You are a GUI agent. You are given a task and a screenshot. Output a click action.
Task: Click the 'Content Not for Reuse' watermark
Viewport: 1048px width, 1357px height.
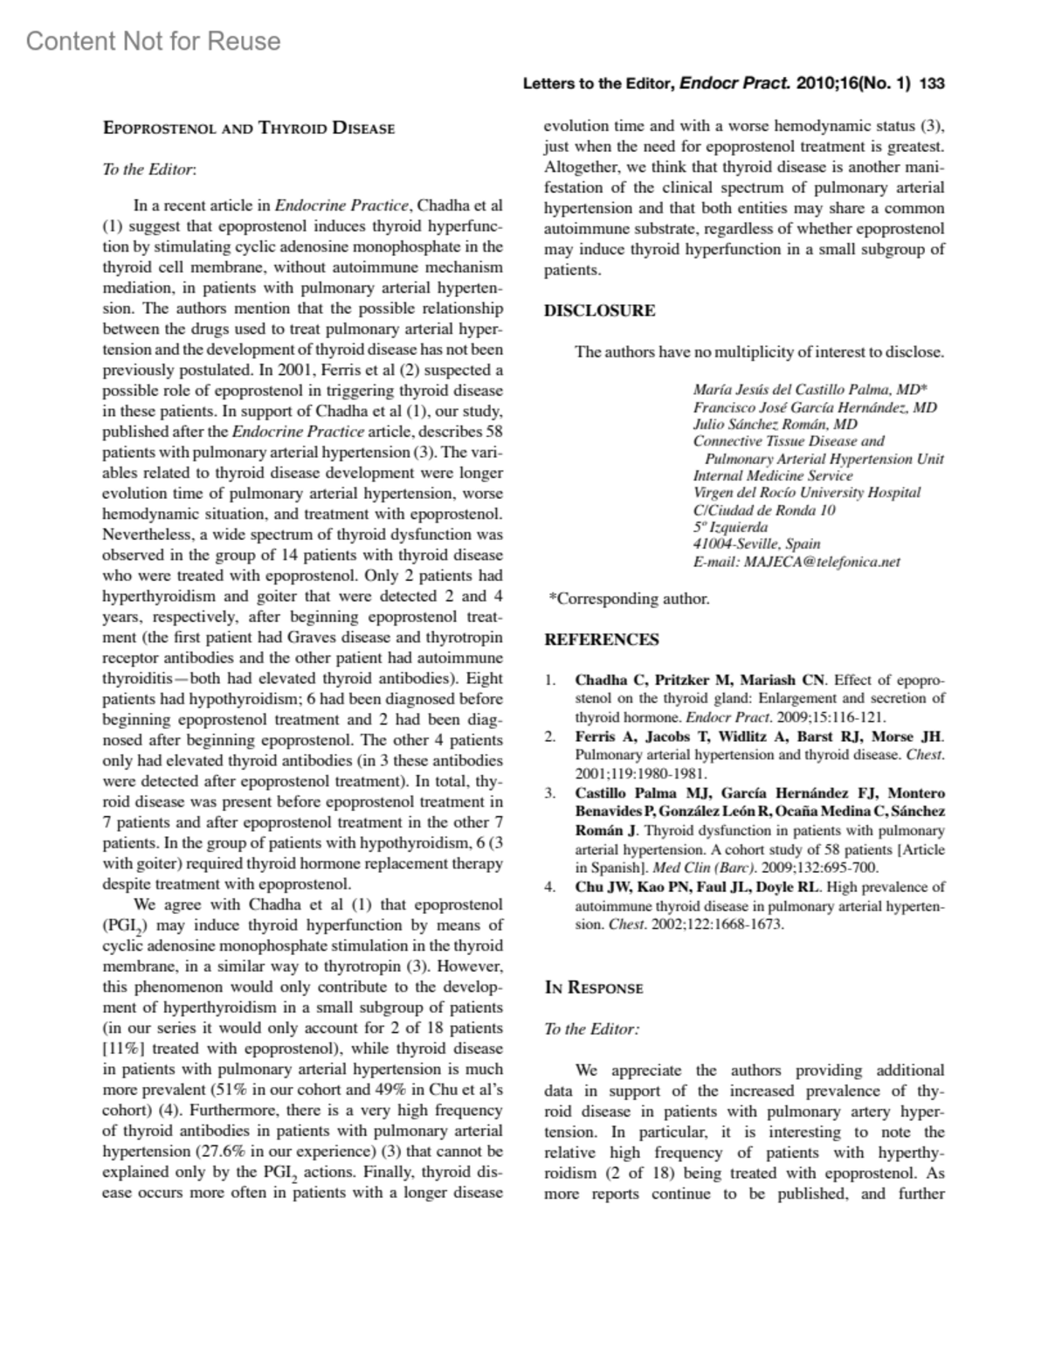tap(154, 41)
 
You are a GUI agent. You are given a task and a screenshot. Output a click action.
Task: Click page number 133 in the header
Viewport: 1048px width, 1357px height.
tap(932, 84)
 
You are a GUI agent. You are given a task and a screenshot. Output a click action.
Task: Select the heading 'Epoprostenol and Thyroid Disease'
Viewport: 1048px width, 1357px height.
tap(249, 128)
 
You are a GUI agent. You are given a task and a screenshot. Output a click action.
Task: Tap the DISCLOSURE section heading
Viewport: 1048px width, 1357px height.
tap(600, 310)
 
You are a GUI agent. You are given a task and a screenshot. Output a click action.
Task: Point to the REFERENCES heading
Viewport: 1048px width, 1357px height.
tap(602, 640)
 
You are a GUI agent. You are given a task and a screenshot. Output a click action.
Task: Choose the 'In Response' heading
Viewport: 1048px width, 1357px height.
tap(594, 988)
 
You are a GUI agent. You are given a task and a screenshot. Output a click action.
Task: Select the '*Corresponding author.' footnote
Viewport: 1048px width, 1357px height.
tap(628, 599)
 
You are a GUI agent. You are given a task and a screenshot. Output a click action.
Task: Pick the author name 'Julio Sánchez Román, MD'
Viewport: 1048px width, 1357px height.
tap(775, 425)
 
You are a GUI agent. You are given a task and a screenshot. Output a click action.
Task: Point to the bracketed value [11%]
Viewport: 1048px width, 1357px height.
tap(123, 1049)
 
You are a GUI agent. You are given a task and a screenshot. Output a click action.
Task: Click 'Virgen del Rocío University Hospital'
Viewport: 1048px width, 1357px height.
tap(806, 493)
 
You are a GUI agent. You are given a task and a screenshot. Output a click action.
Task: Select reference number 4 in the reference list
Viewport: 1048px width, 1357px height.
tap(549, 887)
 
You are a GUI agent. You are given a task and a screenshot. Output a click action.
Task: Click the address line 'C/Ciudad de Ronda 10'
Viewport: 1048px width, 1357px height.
tap(764, 510)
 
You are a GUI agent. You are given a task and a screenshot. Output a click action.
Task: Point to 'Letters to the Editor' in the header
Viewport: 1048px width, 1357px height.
tap(596, 85)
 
